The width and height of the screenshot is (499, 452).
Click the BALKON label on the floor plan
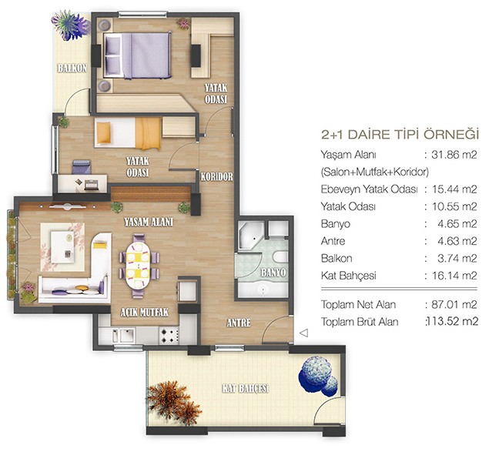[72, 68]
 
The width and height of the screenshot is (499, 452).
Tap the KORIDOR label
[216, 176]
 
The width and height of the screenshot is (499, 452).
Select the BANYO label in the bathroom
[273, 273]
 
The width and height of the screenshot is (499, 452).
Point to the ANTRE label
[239, 323]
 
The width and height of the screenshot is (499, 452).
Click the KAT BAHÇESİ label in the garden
[246, 388]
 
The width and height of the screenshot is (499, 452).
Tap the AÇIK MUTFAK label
[144, 313]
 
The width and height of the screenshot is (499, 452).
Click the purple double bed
[138, 55]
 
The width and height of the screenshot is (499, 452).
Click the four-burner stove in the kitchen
[169, 336]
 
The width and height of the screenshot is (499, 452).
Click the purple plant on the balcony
[70, 25]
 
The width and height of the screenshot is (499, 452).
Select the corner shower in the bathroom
[251, 236]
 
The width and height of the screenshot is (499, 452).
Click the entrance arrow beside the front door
[304, 333]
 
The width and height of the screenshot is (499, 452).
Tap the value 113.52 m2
[452, 322]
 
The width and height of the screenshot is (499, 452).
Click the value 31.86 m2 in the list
[454, 155]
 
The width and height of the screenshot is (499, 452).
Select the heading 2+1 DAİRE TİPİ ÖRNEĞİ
[400, 134]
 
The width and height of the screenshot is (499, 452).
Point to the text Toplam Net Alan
[358, 305]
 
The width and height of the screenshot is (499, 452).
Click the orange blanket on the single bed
[148, 133]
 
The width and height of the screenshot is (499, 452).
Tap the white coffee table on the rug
[62, 246]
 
